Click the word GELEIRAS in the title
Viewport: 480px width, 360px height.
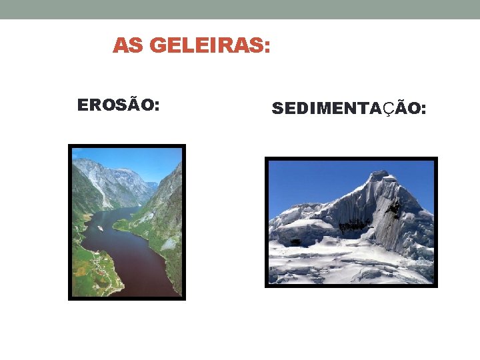(207, 46)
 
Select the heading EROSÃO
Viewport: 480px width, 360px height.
(118, 105)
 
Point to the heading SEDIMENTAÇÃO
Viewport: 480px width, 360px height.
(349, 109)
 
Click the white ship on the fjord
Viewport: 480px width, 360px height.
(100, 228)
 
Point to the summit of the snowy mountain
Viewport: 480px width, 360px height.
(379, 174)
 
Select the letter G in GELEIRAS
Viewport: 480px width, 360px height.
(158, 46)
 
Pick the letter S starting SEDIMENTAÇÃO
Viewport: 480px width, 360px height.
(277, 109)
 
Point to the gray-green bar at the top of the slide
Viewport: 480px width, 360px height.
(240, 9)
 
